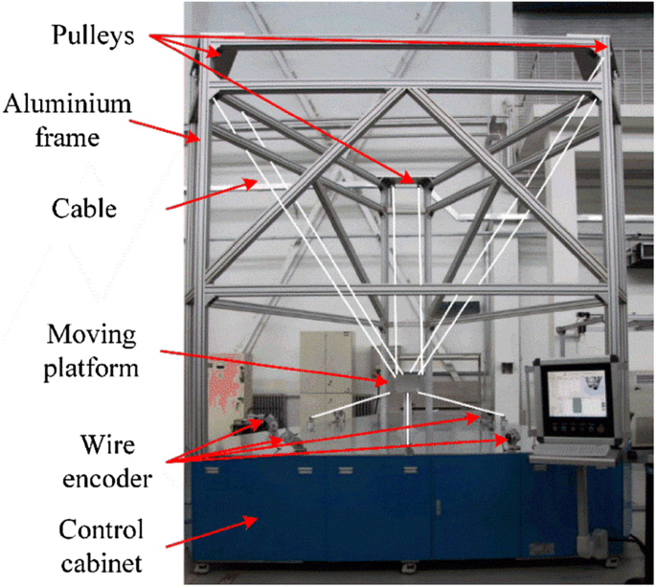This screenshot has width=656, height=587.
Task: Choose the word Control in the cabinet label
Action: click(x=99, y=529)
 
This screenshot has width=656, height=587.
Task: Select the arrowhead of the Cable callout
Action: click(x=257, y=182)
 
